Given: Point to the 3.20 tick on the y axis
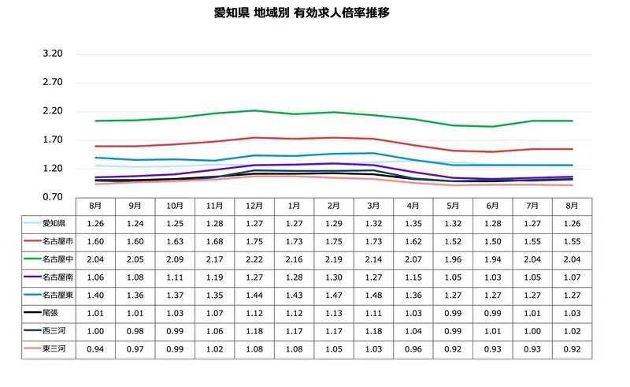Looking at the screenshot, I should (x=52, y=54).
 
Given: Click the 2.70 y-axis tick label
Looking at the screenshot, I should (x=52, y=82).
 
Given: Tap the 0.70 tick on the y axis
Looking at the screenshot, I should (x=52, y=197).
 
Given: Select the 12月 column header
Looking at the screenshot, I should (x=254, y=205).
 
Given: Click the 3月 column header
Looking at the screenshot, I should (x=373, y=205).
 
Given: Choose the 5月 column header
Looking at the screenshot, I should (x=454, y=205).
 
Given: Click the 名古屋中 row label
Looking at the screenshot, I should (x=57, y=258).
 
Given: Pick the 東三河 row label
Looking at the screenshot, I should (x=54, y=348).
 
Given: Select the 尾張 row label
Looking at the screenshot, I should (x=50, y=312).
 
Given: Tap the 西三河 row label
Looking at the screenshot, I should (x=54, y=330).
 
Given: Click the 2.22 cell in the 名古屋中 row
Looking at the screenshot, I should (x=254, y=258).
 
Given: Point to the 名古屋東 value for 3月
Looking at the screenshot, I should (x=373, y=294).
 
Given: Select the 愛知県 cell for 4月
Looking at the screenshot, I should (x=413, y=222).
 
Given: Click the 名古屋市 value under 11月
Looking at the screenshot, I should (x=214, y=240).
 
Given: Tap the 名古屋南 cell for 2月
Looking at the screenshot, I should (x=334, y=276).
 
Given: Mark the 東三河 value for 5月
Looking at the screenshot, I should (x=454, y=348).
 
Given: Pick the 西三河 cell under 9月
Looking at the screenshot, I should (x=135, y=330).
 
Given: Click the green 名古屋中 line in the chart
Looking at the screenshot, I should (x=254, y=110).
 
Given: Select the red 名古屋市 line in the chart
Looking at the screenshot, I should (x=254, y=137).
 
